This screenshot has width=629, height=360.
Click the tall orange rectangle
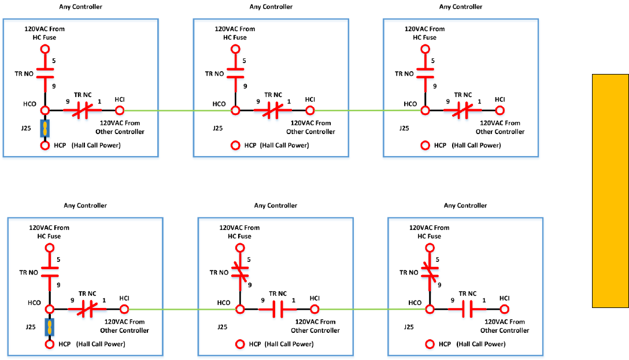click(610, 191)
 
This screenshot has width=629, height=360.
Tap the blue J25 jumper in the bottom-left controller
click(50, 327)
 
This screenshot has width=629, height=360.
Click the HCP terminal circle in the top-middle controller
click(235, 146)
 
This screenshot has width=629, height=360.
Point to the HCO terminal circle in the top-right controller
click(425, 110)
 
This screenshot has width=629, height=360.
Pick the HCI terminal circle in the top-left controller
click(120, 110)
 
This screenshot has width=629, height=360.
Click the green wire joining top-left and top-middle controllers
click(179, 110)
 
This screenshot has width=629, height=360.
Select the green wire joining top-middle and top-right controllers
click(370, 110)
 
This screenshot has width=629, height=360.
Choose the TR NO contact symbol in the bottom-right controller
click(430, 272)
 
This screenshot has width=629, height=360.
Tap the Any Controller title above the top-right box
click(461, 7)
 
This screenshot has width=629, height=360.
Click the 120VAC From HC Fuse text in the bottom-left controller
click(49, 232)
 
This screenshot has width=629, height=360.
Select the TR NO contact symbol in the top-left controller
click(45, 73)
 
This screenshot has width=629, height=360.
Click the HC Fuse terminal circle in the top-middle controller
click(235, 49)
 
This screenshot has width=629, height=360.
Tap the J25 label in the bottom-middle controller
click(222, 327)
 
